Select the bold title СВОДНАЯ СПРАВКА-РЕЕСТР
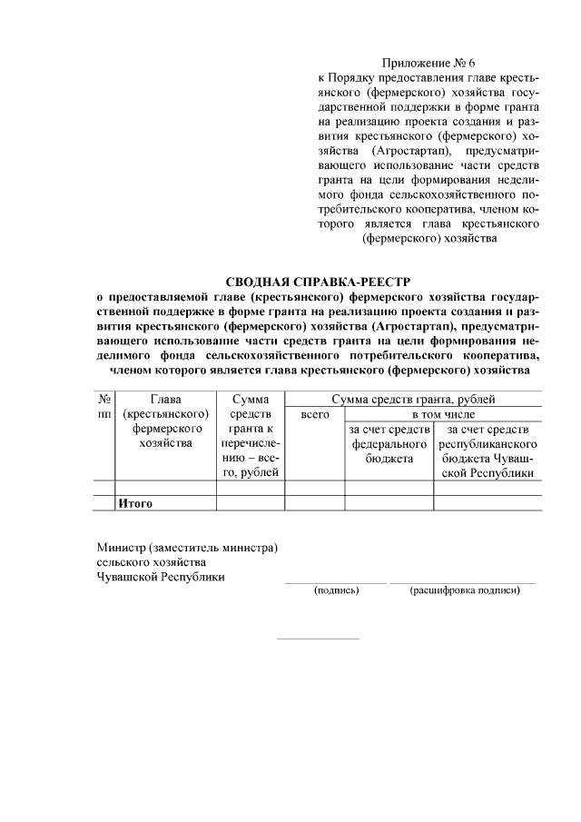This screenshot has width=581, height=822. click(x=325, y=282)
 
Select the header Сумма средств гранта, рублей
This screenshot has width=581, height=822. click(x=413, y=399)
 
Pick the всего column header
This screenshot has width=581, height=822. click(x=313, y=414)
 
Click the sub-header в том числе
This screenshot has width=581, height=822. click(x=442, y=414)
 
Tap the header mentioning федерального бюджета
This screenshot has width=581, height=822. click(x=389, y=444)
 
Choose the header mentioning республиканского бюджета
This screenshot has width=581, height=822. click(x=487, y=451)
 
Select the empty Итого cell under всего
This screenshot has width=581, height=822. click(x=313, y=502)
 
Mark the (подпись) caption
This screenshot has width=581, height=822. click(x=337, y=590)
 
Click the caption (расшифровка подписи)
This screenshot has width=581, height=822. click(x=465, y=590)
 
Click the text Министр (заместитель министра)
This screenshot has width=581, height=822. click(x=187, y=548)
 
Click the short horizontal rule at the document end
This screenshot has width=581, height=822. click(x=317, y=639)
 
